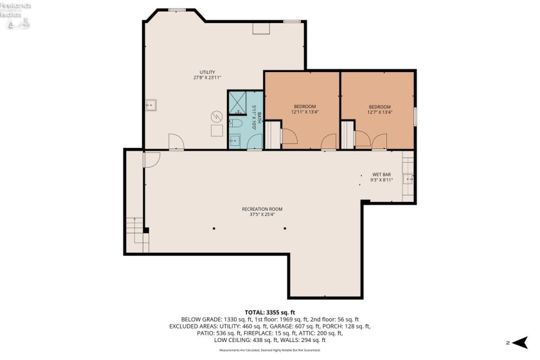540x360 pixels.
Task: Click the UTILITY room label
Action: (206, 72)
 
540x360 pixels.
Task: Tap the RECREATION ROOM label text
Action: (262, 209)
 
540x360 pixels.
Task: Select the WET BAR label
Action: (381, 174)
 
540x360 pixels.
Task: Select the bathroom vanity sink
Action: (235, 141)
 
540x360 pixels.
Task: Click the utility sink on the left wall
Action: (150, 105)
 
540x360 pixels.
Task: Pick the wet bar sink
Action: (408, 178)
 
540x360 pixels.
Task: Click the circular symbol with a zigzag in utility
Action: (217, 117)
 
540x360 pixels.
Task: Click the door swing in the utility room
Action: (175, 142)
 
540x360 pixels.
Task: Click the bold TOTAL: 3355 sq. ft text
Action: (269, 311)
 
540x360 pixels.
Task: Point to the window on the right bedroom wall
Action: (415, 116)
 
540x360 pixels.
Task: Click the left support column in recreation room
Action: (214, 229)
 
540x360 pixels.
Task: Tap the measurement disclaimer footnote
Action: (269, 351)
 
